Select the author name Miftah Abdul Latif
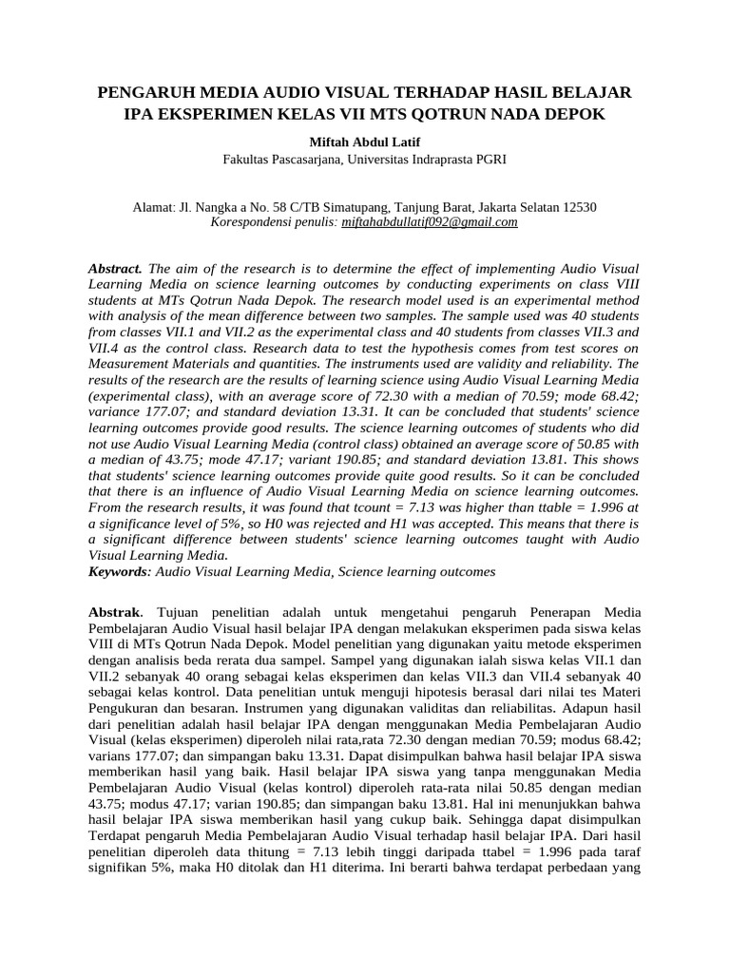pyautogui.click(x=364, y=142)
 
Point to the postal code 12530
pyautogui.click(x=578, y=206)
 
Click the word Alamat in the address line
pyautogui.click(x=151, y=206)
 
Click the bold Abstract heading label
pyautogui.click(x=115, y=269)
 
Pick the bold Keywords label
pyautogui.click(x=119, y=571)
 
